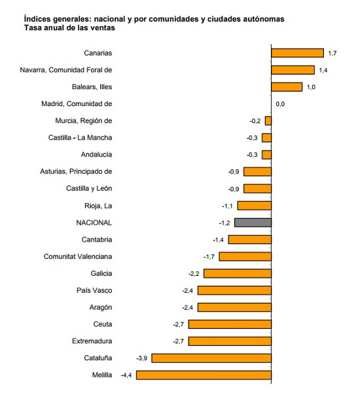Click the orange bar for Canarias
point(297,53)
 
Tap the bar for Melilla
point(203,375)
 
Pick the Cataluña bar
point(211,358)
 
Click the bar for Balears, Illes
point(287,86)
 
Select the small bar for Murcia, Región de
point(268,121)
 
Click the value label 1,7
point(332,53)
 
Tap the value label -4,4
point(127,375)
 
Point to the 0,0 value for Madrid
point(280,103)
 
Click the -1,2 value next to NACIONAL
point(225,223)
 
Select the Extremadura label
point(92,341)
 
